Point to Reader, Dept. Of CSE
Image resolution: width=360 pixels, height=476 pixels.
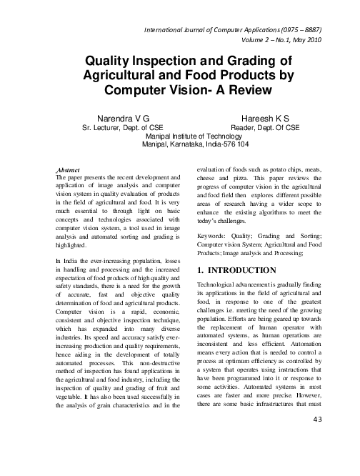(x=270, y=124)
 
